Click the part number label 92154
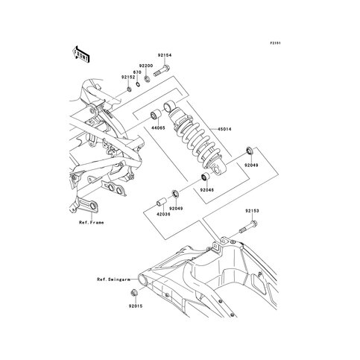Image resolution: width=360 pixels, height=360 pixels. [164, 55]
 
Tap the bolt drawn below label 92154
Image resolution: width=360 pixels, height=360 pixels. [162, 70]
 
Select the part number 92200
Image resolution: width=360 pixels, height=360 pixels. [146, 66]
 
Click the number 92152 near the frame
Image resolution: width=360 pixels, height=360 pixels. [128, 77]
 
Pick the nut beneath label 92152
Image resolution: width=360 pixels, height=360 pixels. [129, 89]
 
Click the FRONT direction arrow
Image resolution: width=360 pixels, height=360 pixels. [81, 54]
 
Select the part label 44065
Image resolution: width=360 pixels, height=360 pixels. [158, 128]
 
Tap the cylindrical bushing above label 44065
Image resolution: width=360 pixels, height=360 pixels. [156, 115]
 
